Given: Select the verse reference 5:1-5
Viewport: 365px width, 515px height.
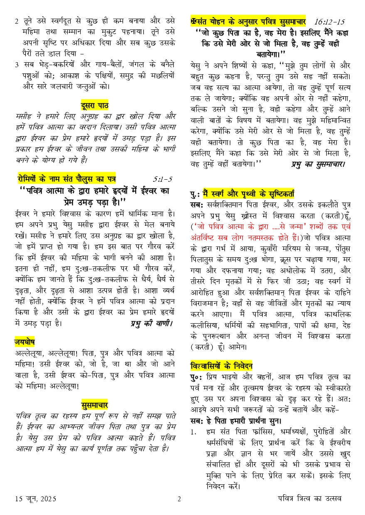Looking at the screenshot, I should (162, 179).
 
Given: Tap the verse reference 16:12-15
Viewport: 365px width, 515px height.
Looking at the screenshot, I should (329, 21).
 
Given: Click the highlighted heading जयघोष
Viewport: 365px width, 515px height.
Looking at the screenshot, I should (25, 342).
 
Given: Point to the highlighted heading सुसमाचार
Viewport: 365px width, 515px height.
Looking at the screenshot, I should (94, 405).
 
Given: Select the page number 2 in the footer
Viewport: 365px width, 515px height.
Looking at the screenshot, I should (179, 499).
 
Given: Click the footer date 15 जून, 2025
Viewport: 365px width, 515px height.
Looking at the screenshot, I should (35, 499).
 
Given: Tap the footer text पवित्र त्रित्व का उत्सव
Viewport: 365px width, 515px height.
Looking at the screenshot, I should (310, 498).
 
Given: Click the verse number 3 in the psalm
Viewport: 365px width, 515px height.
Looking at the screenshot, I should (17, 65).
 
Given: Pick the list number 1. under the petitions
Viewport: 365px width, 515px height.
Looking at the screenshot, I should (193, 432).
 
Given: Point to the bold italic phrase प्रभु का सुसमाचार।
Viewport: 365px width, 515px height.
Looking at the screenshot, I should (318, 164).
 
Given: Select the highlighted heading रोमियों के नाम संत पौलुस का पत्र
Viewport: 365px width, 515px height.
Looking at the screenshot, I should (67, 179).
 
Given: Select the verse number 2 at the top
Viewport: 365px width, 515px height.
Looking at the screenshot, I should (17, 21).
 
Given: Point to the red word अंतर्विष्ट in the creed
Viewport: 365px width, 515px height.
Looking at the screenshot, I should (205, 238).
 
